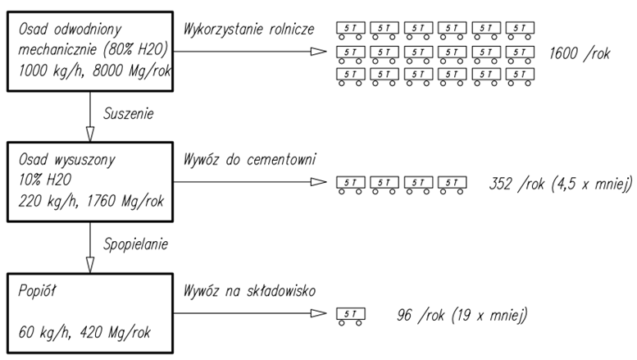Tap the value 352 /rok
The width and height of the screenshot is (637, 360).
512,183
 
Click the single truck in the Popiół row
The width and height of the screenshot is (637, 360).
350,316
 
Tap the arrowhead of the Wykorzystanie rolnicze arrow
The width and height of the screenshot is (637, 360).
320,51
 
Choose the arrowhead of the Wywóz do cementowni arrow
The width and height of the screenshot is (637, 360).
318,181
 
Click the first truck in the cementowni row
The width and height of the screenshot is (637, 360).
350,183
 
